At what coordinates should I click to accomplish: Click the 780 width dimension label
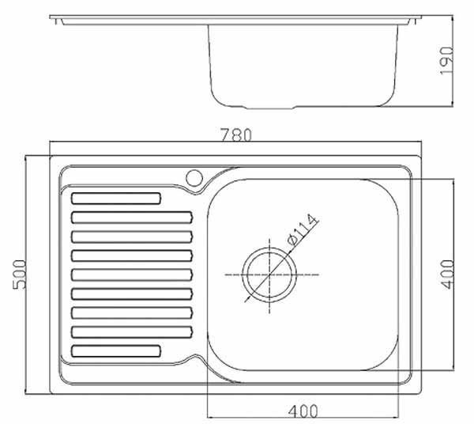(235, 135)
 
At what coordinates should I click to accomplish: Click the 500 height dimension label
(19, 274)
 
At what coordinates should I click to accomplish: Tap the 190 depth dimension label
(446, 61)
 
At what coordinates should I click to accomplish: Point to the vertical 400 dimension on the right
(447, 274)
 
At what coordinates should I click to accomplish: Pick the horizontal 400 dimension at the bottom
(303, 411)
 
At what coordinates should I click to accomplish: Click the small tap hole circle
(194, 178)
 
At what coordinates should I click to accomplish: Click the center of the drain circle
(269, 274)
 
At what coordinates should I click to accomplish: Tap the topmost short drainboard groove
(116, 199)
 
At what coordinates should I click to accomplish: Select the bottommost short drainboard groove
(116, 351)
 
